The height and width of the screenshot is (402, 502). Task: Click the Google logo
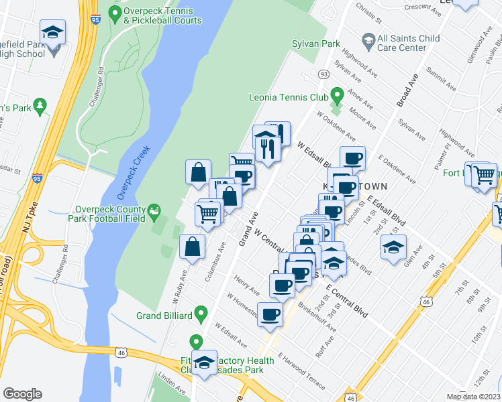[x=22, y=394]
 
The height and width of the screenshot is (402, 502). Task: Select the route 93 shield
[x=323, y=74]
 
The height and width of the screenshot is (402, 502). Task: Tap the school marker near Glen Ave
[x=394, y=247]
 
